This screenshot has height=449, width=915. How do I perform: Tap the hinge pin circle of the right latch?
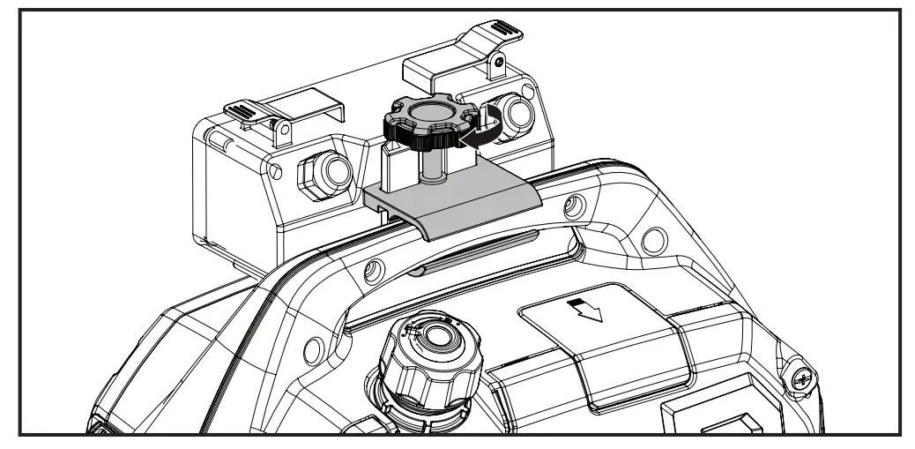pyautogui.click(x=498, y=64)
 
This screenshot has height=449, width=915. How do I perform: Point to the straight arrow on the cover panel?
pyautogui.click(x=590, y=310)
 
